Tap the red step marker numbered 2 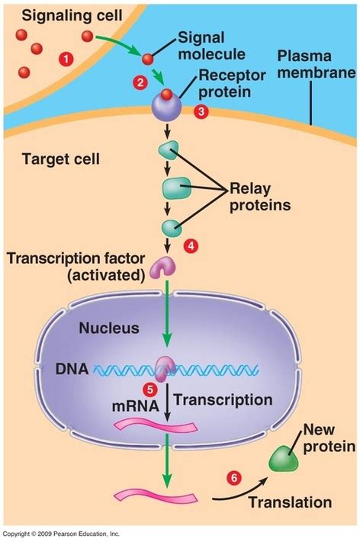(140, 82)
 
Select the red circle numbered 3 (201, 111)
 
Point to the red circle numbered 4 (191, 245)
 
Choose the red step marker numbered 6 (234, 478)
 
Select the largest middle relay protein (175, 188)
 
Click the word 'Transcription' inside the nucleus (223, 399)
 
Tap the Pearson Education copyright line (61, 534)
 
